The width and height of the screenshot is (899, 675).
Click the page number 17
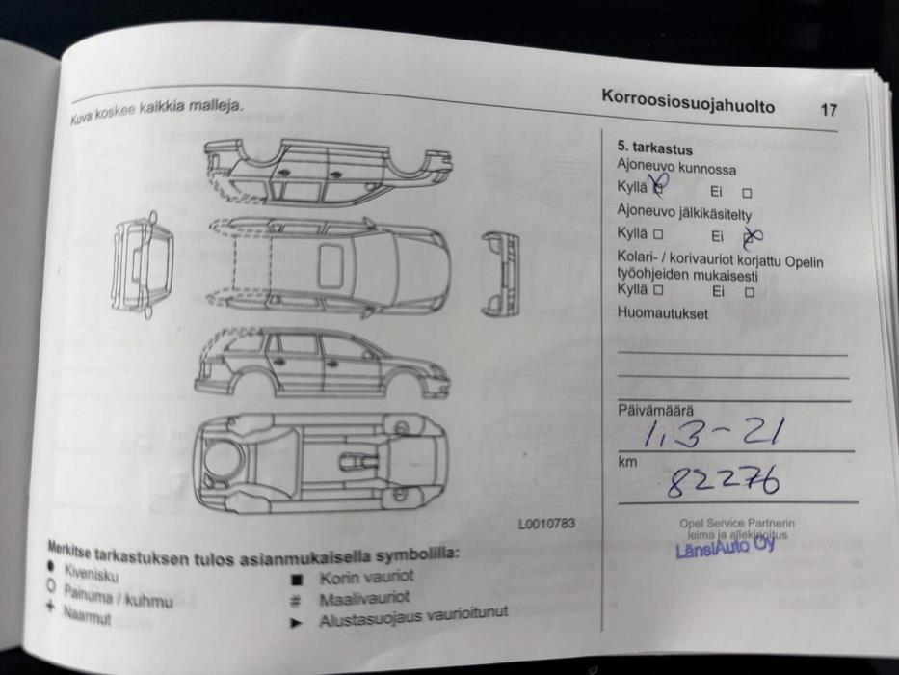click(828, 110)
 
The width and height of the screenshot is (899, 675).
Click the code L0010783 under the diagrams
click(545, 524)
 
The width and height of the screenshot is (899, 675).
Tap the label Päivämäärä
click(654, 410)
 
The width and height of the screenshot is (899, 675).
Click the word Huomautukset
click(662, 314)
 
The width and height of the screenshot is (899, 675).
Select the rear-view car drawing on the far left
click(143, 263)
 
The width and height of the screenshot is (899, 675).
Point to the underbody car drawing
click(319, 463)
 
